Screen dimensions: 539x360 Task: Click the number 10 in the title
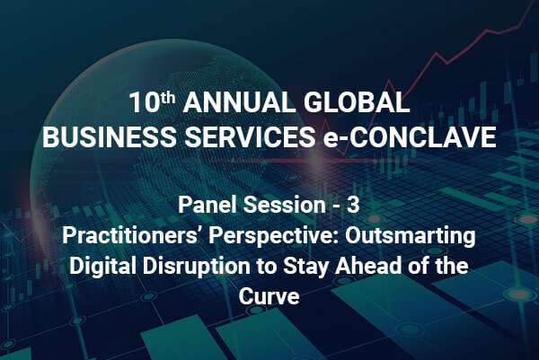(x=144, y=102)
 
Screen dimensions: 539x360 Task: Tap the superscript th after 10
(x=168, y=98)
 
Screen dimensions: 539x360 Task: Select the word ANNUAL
(x=239, y=102)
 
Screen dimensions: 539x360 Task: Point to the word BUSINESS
(x=109, y=136)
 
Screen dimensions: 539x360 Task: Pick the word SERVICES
(x=250, y=136)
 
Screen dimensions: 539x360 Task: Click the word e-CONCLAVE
(x=410, y=136)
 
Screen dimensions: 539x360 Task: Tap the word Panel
(x=208, y=205)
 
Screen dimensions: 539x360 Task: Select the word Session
(x=284, y=205)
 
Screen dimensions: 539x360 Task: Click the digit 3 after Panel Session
(x=353, y=205)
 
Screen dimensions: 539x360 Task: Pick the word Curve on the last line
(x=269, y=296)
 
